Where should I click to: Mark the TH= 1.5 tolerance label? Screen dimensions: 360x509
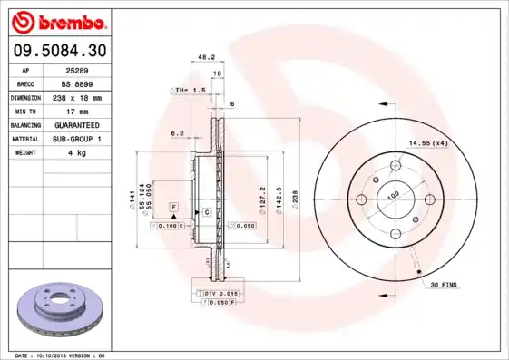(x=190, y=91)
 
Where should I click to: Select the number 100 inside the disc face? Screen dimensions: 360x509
(x=394, y=195)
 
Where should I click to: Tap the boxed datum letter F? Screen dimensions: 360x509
(x=172, y=208)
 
